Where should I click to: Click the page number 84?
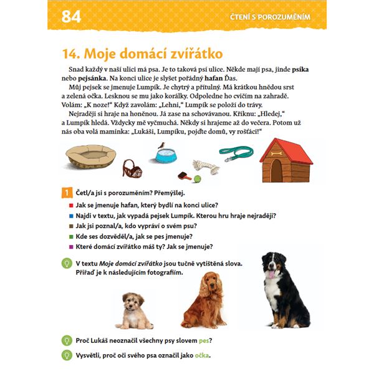point(71,17)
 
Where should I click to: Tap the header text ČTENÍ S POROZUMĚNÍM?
point(271,17)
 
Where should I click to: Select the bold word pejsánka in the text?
point(92,79)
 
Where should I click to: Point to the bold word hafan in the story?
point(213,79)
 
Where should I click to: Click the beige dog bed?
point(90,156)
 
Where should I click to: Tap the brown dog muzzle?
point(132,168)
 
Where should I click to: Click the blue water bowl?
point(166,156)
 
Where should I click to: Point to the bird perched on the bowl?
point(161,145)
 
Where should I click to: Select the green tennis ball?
point(197,179)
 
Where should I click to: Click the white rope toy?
point(206,166)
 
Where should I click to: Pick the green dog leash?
point(236,153)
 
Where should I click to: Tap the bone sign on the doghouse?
point(276,153)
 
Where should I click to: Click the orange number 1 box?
point(67,193)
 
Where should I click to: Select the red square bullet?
point(71,205)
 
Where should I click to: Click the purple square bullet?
point(71,247)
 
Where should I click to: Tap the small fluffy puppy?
point(133,311)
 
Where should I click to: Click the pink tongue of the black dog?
point(271,274)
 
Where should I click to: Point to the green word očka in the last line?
point(202,355)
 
